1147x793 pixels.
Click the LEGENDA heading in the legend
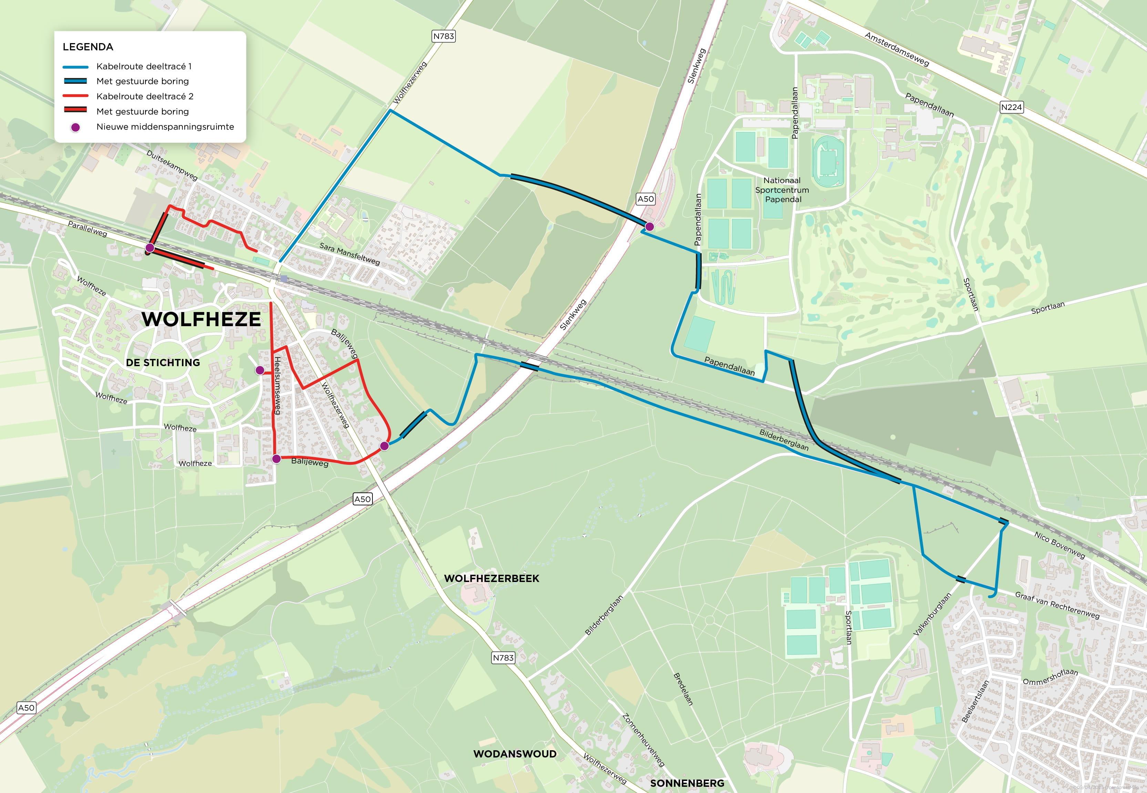coord(88,47)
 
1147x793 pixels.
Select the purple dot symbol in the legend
coord(75,127)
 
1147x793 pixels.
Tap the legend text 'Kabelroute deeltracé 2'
coord(144,96)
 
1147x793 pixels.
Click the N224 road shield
coord(1011,107)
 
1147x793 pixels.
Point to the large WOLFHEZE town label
coord(201,319)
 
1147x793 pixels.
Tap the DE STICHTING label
coord(163,363)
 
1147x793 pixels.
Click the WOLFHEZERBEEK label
coord(491,578)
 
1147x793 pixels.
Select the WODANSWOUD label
coord(514,754)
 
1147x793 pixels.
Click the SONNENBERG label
coord(687,783)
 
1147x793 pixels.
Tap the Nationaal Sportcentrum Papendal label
coord(782,190)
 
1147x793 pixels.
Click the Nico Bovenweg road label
coord(1059,544)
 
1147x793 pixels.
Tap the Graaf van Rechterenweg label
coord(1057,605)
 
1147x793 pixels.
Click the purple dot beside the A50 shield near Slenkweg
coord(649,227)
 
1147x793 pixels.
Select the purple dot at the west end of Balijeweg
coord(277,459)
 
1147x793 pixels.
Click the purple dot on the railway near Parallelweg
coord(150,248)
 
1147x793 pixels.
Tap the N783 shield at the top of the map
coord(443,36)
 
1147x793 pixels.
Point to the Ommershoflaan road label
coord(1050,676)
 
